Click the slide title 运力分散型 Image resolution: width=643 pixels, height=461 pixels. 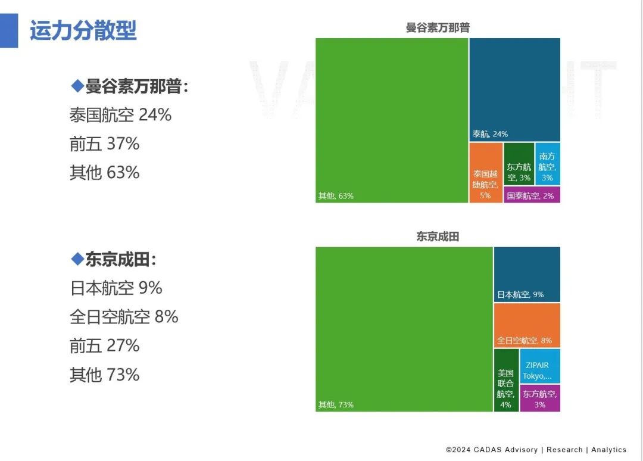coord(83,30)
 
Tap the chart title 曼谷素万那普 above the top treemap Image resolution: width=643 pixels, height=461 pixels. coord(438,27)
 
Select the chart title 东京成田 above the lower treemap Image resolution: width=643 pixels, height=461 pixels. coord(438,236)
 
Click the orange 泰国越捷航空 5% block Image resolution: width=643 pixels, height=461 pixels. coord(486,173)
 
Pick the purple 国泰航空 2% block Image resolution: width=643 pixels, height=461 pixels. coord(532,195)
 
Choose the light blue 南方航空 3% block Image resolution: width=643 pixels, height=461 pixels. coord(547,164)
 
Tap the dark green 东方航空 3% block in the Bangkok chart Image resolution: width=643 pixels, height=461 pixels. coord(519,164)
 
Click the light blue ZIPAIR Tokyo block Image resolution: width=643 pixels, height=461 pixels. coord(539,366)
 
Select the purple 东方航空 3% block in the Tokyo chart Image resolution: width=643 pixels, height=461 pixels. coord(539,398)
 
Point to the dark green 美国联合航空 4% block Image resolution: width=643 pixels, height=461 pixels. coord(506,380)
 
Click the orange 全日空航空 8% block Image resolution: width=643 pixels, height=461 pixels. coord(526,325)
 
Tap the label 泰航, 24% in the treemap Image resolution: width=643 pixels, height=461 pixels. coord(490,134)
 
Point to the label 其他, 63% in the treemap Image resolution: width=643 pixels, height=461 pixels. coord(336,195)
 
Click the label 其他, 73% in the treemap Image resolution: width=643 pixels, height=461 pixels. coord(336,404)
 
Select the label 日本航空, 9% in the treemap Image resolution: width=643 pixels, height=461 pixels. coord(520,294)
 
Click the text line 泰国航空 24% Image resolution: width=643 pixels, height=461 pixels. coord(120,115)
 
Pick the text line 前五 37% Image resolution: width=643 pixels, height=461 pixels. coord(104,144)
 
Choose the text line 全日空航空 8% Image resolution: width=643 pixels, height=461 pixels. coord(124,317)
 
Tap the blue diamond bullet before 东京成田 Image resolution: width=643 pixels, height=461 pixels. coord(77,259)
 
